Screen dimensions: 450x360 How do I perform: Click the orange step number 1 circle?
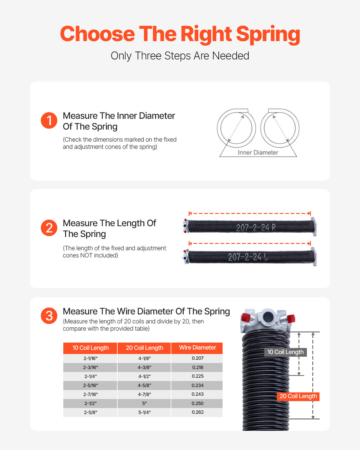pos(49,121)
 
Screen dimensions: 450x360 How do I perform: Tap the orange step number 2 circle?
pos(49,228)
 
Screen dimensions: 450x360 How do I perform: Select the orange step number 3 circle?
pos(49,316)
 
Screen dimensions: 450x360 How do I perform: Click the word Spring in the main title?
pos(268,34)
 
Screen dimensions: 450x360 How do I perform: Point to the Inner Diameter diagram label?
pos(258,152)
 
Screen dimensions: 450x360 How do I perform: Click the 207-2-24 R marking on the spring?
pos(256,228)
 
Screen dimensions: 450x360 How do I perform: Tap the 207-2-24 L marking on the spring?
pos(248,257)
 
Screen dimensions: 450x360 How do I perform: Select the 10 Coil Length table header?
pos(90,348)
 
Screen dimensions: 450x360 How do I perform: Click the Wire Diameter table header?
pos(197,348)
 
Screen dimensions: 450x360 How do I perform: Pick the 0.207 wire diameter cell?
pos(197,358)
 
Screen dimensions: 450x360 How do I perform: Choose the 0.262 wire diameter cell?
pos(197,412)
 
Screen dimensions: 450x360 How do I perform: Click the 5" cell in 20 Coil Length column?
pos(144,403)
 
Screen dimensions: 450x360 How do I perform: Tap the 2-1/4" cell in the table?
pos(90,376)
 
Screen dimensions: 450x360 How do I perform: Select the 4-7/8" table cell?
pos(144,394)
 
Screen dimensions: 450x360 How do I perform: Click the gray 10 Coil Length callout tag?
pos(285,352)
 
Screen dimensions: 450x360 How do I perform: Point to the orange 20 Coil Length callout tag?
pos(298,396)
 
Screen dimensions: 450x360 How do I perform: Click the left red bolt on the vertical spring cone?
pos(246,317)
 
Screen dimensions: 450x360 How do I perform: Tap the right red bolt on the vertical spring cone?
pos(291,318)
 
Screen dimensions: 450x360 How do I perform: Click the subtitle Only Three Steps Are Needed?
pos(180,56)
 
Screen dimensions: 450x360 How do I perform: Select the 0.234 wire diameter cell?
pos(197,385)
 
